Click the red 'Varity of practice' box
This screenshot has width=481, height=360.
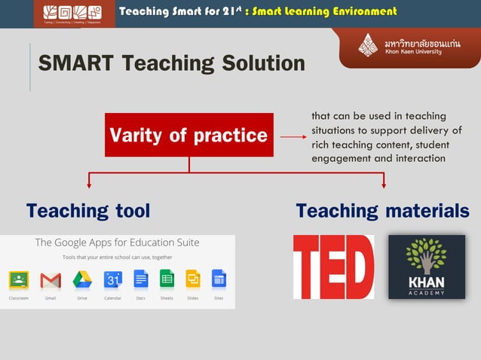[188, 135]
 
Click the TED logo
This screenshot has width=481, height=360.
[333, 267]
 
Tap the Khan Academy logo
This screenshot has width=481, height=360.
[426, 267]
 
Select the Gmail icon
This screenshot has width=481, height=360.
[51, 280]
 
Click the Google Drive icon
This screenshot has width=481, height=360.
[82, 280]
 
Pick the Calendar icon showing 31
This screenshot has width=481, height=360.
[113, 280]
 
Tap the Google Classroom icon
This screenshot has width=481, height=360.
[19, 280]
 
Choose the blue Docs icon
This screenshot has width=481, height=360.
[141, 279]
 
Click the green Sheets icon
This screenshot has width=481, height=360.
[167, 279]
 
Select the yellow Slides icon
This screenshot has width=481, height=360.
[192, 279]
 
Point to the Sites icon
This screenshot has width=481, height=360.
[219, 279]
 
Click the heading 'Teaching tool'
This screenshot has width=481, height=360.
[88, 211]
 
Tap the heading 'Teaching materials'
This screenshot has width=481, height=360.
[382, 211]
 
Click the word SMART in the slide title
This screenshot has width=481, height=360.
[72, 63]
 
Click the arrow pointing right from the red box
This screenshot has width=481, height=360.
[293, 136]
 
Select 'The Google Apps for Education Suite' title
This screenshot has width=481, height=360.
[117, 243]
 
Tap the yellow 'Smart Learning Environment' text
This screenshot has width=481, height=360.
[323, 11]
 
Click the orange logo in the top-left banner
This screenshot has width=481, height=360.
[74, 13]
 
